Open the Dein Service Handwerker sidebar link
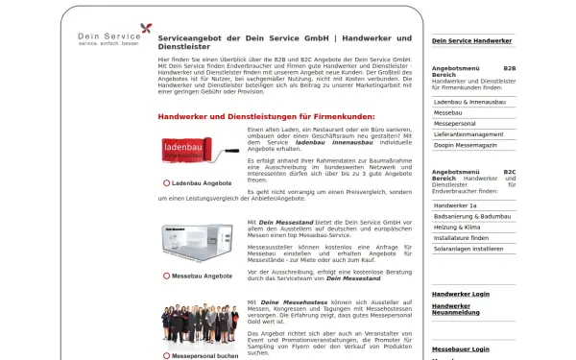click(x=471, y=41)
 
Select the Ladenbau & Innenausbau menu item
click(x=470, y=101)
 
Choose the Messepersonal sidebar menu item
click(x=456, y=124)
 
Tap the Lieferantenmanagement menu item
click(x=468, y=134)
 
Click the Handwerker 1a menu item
click(x=455, y=205)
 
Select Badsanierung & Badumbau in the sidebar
click(x=472, y=216)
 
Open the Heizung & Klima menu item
click(x=459, y=227)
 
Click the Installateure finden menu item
click(x=461, y=237)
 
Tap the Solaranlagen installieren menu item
click(x=468, y=249)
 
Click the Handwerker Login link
click(x=460, y=294)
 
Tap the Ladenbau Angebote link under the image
click(x=202, y=182)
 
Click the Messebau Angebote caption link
click(x=202, y=276)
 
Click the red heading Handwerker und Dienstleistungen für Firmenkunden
click(x=266, y=116)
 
